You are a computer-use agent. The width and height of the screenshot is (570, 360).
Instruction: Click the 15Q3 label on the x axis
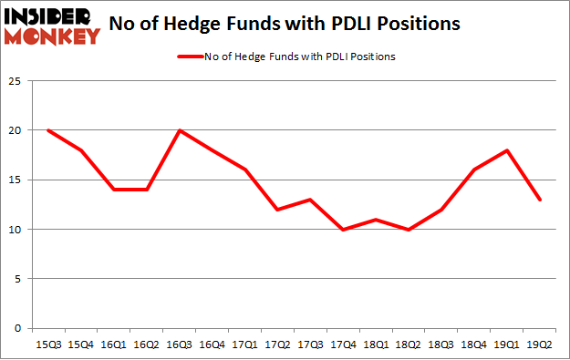pos(47,345)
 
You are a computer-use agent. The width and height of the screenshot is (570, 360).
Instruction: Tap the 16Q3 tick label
pos(180,345)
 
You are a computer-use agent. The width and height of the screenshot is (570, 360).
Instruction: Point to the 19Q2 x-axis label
pos(541,345)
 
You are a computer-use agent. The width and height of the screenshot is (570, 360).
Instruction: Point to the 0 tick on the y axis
pos(17,328)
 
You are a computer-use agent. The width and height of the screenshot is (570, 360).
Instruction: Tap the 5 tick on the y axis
pos(17,279)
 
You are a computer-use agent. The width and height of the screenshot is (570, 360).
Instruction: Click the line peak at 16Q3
pos(180,130)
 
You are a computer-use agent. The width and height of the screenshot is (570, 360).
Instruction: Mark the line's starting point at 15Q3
pos(47,130)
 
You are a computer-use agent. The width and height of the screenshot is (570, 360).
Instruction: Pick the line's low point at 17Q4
pos(344,229)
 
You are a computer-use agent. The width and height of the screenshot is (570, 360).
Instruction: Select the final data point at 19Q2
pos(541,200)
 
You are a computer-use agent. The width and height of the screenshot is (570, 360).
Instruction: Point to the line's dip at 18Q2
pos(409,229)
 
